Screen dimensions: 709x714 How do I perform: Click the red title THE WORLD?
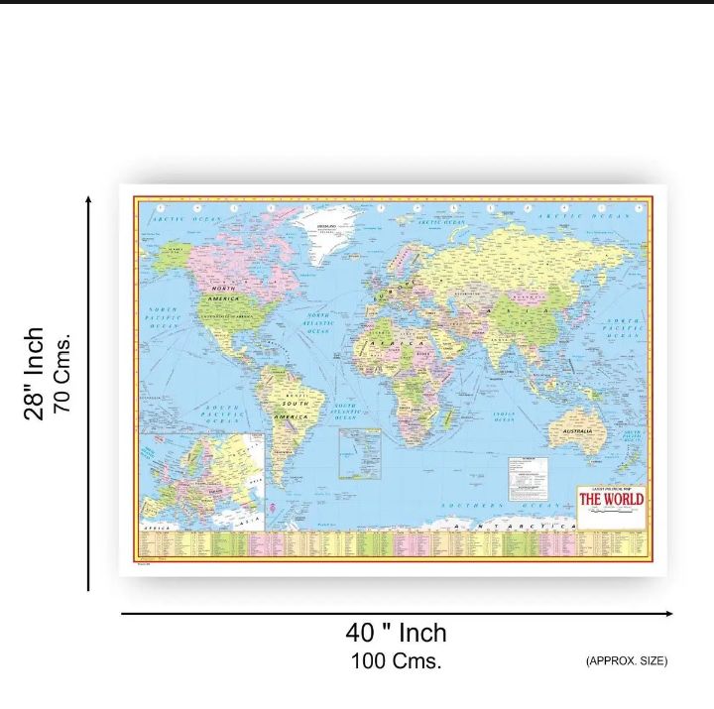(x=611, y=499)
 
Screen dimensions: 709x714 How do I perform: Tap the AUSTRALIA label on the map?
(x=577, y=432)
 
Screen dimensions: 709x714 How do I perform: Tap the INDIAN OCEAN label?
(x=498, y=417)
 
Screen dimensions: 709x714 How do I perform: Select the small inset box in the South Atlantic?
(x=359, y=453)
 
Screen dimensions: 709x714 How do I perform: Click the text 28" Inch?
(x=35, y=373)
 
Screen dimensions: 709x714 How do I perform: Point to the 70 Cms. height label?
(x=62, y=375)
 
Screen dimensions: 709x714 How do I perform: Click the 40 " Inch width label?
(x=396, y=633)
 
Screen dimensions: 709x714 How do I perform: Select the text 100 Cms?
(x=396, y=659)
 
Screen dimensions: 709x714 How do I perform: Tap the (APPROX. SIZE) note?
(x=626, y=660)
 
